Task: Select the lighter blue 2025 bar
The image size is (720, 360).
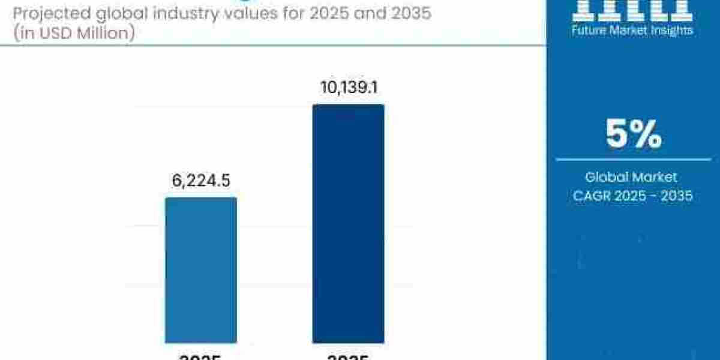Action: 201,270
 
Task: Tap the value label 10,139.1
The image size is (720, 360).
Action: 348,88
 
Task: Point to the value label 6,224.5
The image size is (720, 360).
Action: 201,181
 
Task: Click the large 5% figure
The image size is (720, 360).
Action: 633,134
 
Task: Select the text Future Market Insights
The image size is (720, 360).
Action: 632,30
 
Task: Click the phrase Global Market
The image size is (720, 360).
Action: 632,177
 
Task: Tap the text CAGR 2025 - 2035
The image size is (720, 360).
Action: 632,196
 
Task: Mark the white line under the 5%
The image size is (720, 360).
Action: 632,160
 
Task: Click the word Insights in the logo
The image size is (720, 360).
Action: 673,30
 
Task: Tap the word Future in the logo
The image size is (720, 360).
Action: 589,30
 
